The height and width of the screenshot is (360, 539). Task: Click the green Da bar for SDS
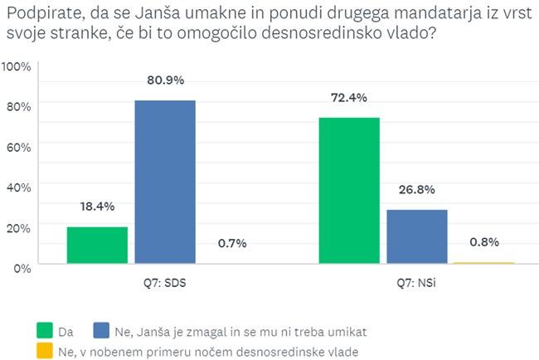[x=97, y=245]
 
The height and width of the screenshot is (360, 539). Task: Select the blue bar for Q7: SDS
[x=165, y=182]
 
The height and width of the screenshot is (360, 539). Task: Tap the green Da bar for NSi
[x=348, y=190]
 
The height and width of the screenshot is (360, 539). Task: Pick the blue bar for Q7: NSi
[x=416, y=236]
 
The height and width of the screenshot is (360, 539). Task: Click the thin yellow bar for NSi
[x=483, y=262]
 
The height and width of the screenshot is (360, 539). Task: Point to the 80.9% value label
[x=165, y=80]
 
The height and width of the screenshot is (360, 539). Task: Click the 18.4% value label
[x=97, y=207]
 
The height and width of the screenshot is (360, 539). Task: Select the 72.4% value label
[x=348, y=98]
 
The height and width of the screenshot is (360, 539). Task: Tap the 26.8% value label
[x=416, y=189]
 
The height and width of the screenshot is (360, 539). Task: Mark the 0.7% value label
[x=232, y=243]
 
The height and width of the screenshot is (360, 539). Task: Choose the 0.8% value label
[x=484, y=242]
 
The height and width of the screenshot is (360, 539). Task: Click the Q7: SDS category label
[x=165, y=282]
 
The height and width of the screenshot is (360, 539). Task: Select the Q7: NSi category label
[x=416, y=282]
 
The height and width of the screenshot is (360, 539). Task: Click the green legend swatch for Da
[x=45, y=330]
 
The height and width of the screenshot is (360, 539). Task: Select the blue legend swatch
[x=102, y=330]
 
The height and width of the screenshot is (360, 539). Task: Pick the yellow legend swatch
[x=45, y=351]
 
